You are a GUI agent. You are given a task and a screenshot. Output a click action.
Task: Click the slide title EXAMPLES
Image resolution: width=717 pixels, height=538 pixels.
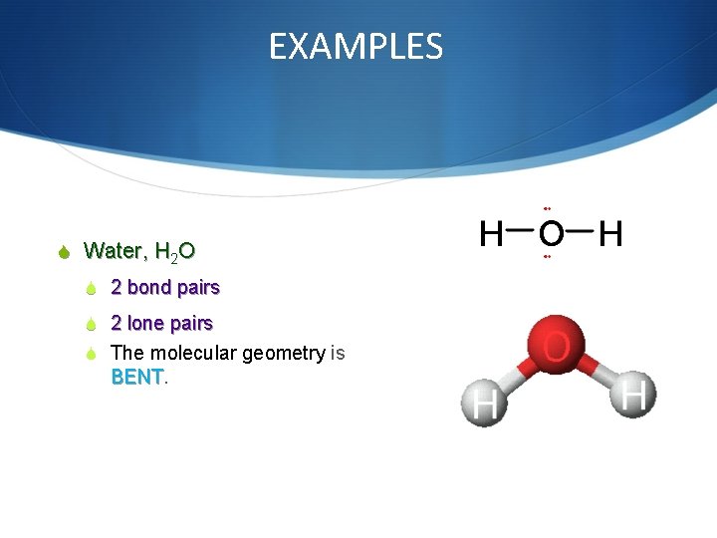[x=356, y=47]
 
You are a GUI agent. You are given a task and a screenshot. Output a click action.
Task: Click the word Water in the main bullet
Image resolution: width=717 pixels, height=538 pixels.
[x=115, y=250]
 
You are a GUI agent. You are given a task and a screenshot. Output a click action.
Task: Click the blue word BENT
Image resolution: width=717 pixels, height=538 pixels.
[x=136, y=378]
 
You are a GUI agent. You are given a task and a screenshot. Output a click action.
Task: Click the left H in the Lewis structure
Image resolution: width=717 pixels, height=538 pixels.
[x=491, y=234]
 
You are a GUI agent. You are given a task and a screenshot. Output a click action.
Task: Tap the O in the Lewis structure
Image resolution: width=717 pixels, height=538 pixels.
[x=549, y=234]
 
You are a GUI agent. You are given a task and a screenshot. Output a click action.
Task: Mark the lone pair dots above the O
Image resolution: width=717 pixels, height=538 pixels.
[x=548, y=208]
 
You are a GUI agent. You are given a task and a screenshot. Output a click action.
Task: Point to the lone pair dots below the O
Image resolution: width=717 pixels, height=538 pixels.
[x=548, y=257]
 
